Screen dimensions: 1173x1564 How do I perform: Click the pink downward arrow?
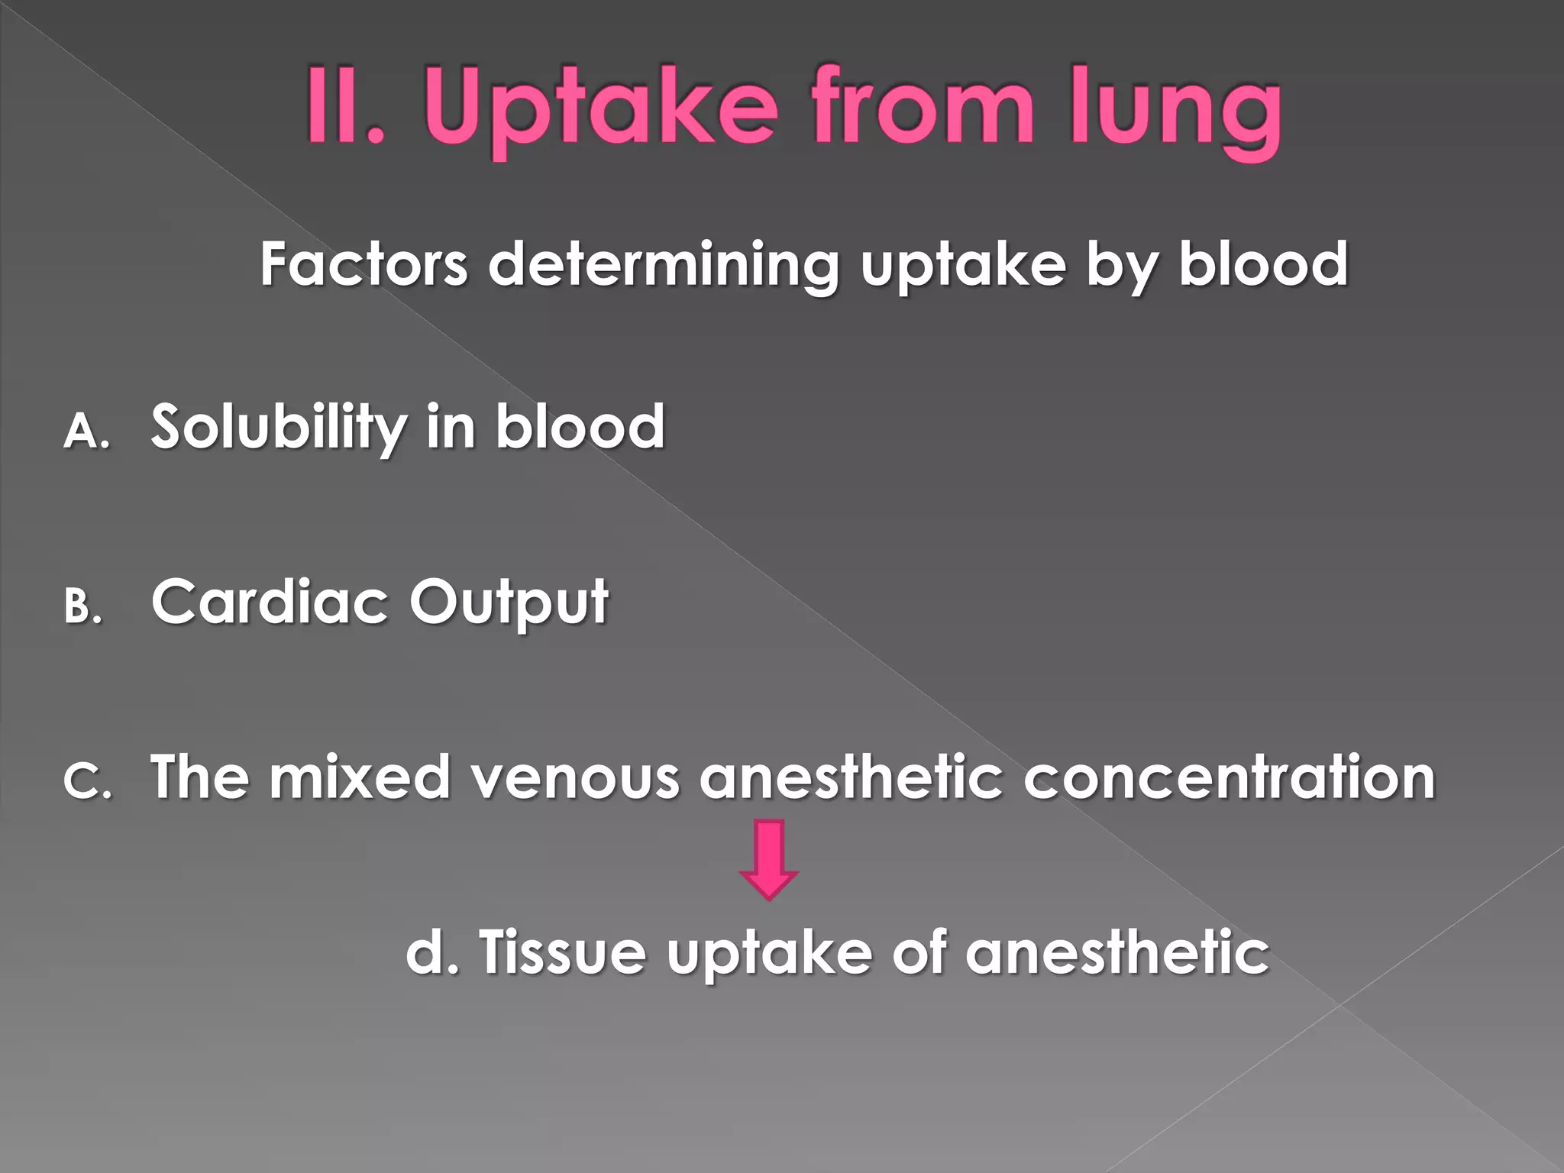(x=769, y=858)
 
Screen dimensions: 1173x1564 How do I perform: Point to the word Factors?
(x=364, y=264)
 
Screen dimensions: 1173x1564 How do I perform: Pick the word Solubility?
(x=279, y=428)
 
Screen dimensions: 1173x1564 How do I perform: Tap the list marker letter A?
(x=86, y=431)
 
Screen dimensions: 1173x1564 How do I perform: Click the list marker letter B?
(x=82, y=607)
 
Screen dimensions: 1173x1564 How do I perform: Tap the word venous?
(x=575, y=777)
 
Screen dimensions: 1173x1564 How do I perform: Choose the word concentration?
(x=1229, y=777)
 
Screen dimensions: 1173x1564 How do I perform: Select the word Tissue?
(x=563, y=953)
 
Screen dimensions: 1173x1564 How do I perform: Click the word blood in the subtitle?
(x=1264, y=264)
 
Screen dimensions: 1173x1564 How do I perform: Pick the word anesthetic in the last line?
(x=1117, y=953)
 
